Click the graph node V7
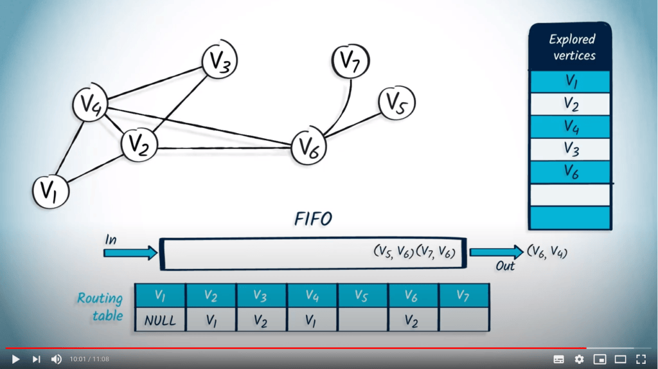(x=350, y=62)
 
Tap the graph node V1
(x=51, y=192)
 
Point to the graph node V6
(x=308, y=147)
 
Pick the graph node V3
(x=220, y=62)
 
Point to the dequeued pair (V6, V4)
(x=547, y=252)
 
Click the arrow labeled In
(x=130, y=253)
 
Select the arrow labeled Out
(x=496, y=252)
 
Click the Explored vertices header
(x=570, y=47)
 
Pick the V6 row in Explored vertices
(x=570, y=172)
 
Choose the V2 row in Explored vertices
(x=570, y=104)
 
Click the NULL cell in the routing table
(x=160, y=320)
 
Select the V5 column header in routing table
(x=363, y=296)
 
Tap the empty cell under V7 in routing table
(x=464, y=320)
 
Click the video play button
(x=16, y=359)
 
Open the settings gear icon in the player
(x=579, y=359)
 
